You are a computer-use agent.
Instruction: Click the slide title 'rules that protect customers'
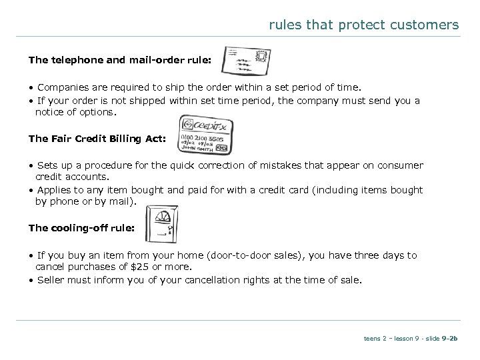point(363,25)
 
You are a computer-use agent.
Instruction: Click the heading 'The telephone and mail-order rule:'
point(120,60)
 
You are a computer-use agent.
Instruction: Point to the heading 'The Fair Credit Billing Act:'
point(100,139)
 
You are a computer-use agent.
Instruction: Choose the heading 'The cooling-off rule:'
point(81,228)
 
